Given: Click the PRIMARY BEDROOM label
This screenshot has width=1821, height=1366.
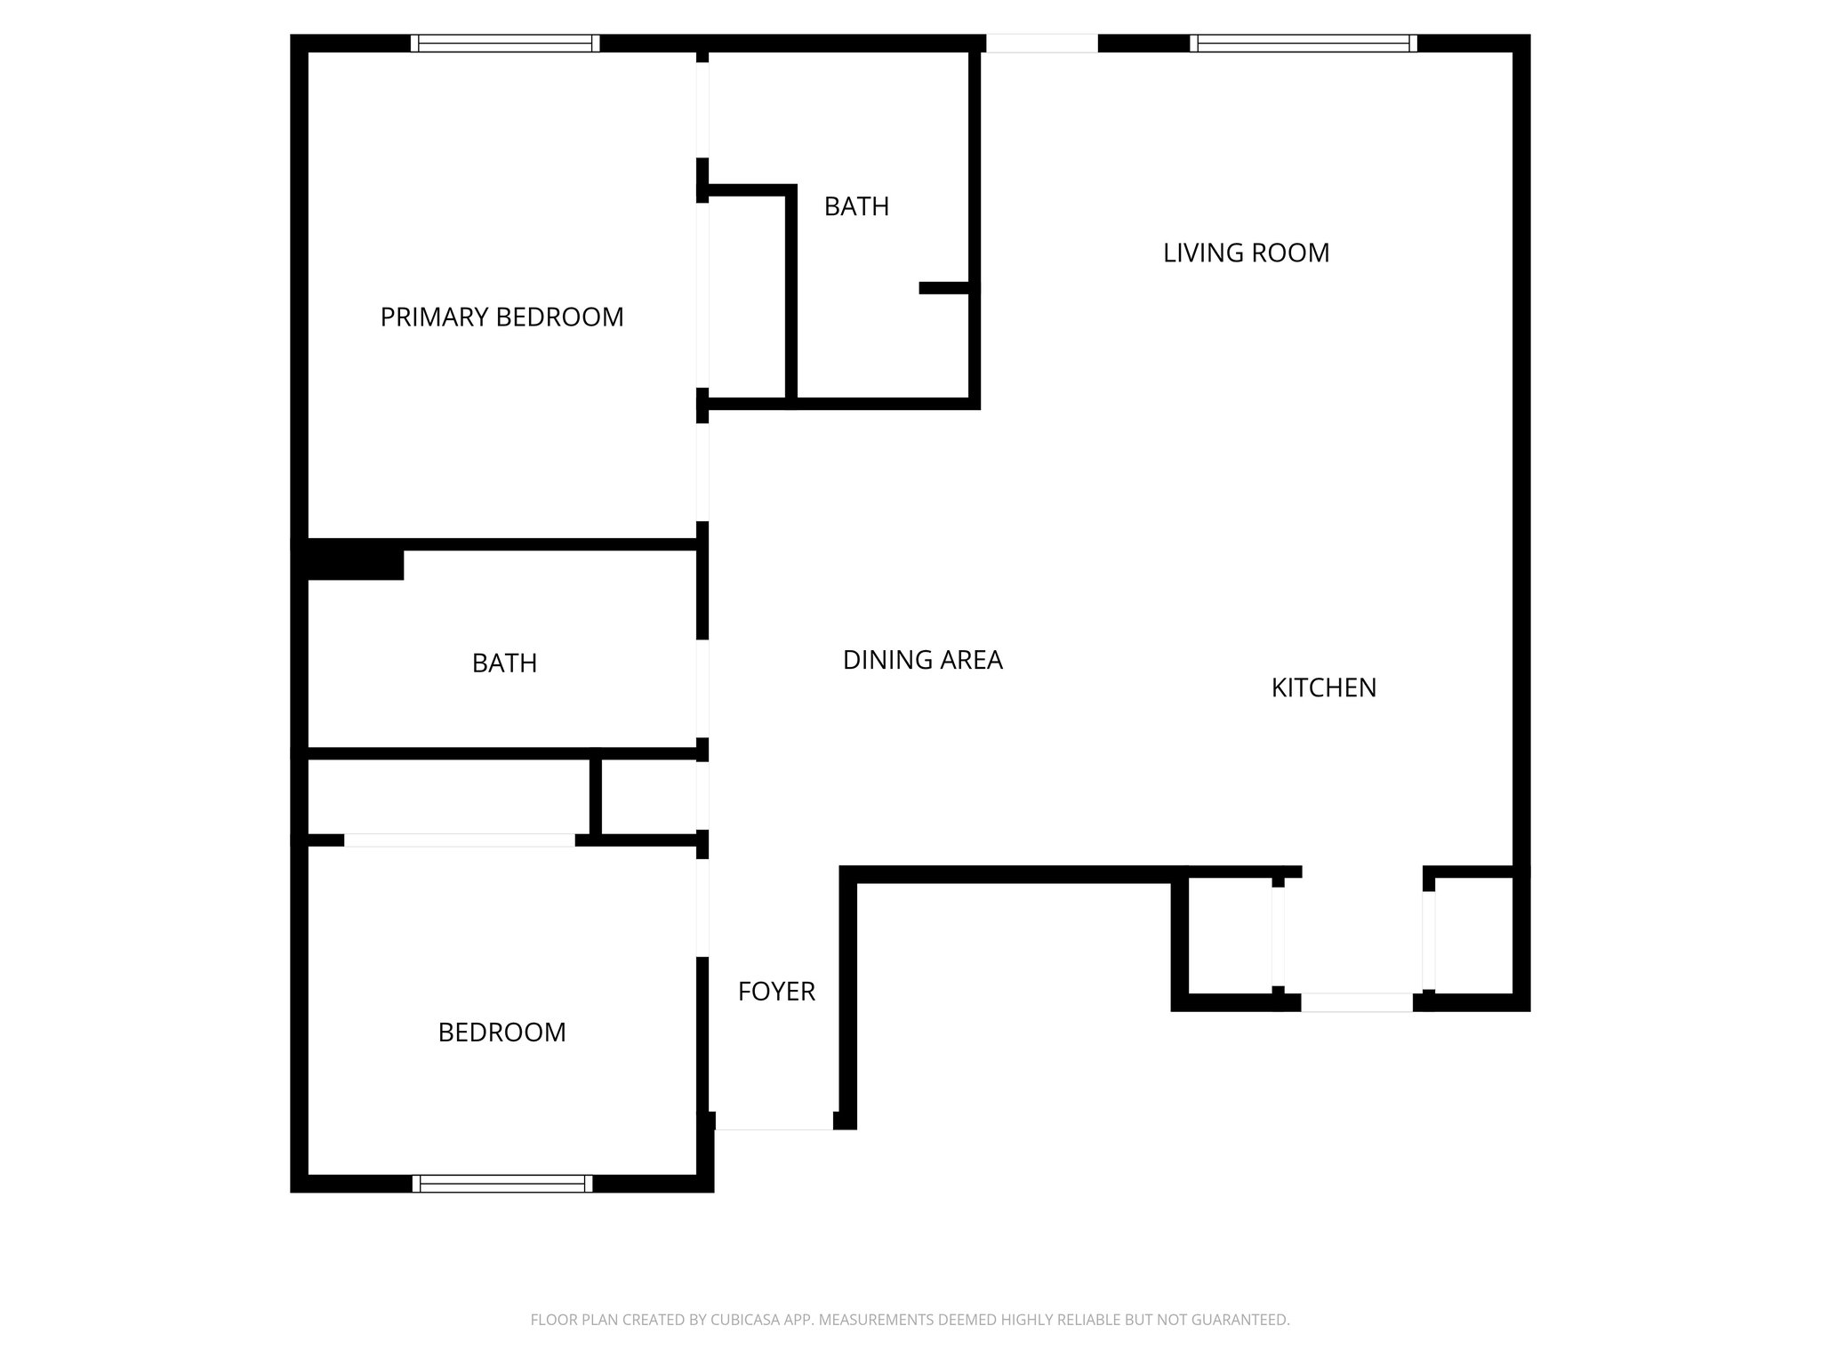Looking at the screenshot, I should (501, 317).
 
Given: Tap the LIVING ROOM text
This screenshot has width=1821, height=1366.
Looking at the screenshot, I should (1246, 253).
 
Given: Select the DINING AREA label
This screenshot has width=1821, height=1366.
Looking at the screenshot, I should (922, 660).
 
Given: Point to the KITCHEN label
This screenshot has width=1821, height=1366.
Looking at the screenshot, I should (1323, 688).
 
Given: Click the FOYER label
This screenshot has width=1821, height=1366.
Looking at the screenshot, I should (776, 992).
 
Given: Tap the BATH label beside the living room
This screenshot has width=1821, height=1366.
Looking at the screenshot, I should (856, 207).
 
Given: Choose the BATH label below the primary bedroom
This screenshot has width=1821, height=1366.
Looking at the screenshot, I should (504, 663).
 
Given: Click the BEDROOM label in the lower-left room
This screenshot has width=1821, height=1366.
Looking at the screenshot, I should (501, 1033).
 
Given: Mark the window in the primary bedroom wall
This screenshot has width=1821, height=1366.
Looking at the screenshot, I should (505, 44).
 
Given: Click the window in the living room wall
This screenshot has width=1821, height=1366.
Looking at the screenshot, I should (1303, 44).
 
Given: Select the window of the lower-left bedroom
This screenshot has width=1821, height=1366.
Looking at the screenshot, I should (502, 1183).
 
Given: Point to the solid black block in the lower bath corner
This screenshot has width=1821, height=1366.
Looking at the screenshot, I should (355, 564).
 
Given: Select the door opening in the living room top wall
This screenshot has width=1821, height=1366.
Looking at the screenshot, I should (1041, 44).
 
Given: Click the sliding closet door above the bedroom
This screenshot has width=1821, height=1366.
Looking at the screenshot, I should (459, 840).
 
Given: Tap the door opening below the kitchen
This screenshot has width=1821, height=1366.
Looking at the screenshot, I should (1356, 1002).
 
